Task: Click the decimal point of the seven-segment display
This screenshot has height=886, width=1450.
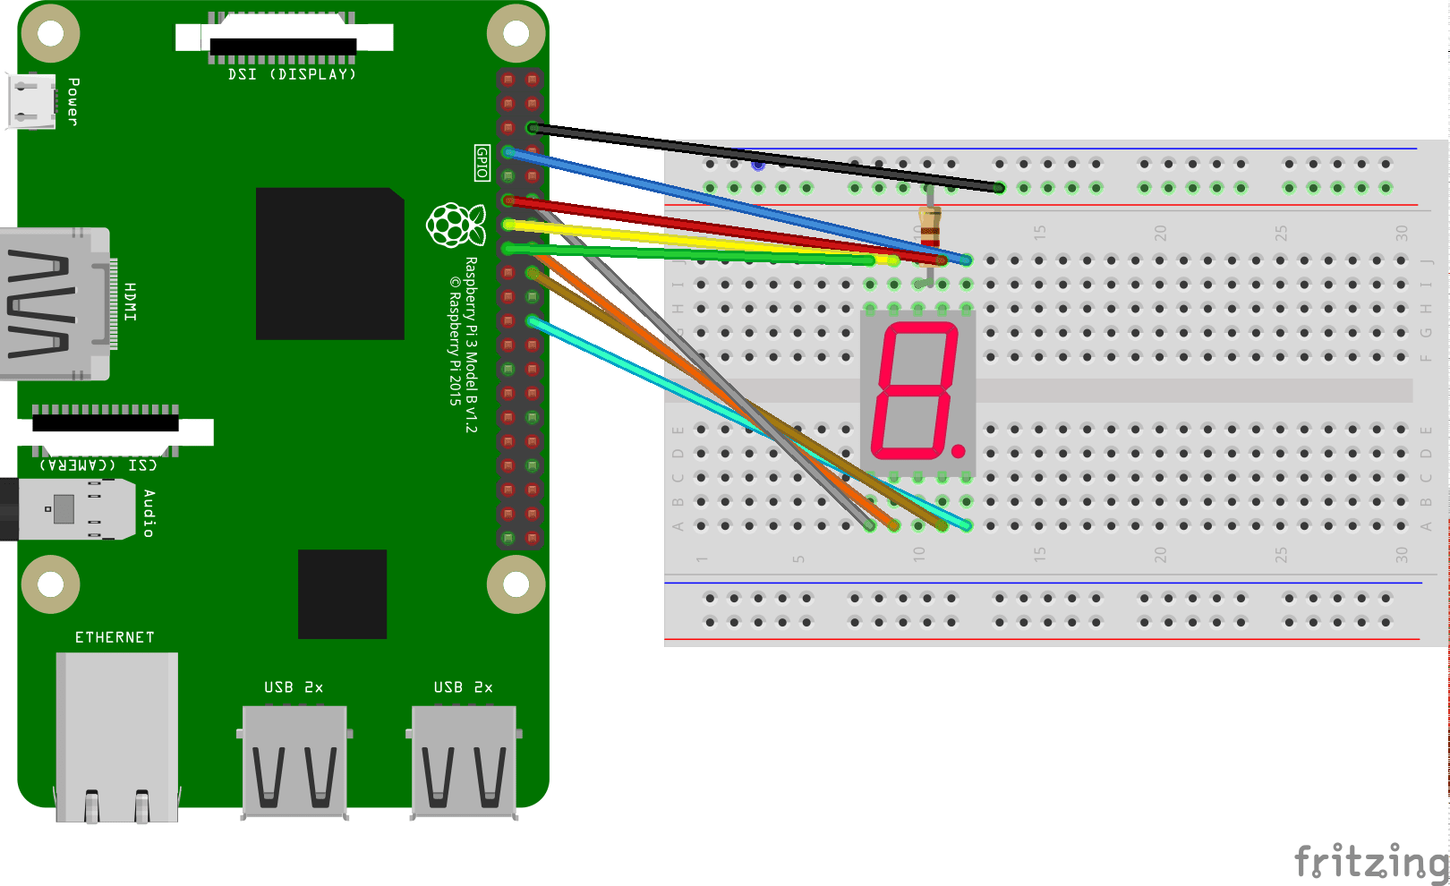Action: tap(959, 451)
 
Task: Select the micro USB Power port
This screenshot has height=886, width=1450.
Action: tap(31, 101)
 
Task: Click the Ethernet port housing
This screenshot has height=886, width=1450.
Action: tap(116, 734)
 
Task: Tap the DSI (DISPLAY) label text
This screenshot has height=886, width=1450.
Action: tap(292, 74)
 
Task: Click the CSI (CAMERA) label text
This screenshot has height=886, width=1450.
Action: tap(98, 464)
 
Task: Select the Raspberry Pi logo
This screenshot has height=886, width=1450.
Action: tap(456, 225)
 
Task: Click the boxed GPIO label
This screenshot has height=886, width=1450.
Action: tap(482, 163)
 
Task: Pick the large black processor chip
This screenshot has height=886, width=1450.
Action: tap(329, 264)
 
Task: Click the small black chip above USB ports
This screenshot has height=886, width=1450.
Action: tap(342, 594)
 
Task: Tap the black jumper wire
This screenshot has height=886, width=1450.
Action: tap(761, 158)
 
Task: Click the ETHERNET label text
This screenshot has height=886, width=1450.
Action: tap(115, 637)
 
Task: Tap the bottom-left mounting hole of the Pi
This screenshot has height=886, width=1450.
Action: tap(50, 584)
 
